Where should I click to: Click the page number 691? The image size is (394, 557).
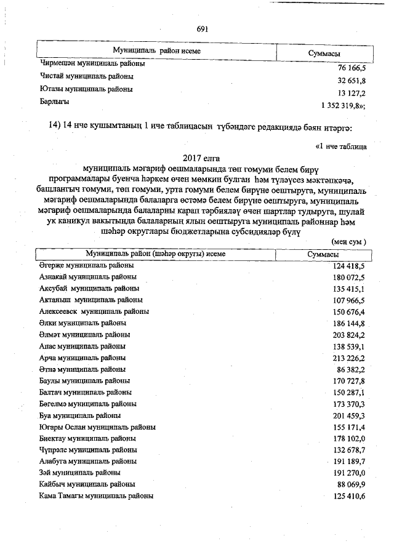pos(203,29)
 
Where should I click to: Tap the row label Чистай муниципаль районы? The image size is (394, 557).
pos(87,77)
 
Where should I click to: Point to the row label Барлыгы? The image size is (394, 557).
pos(55,100)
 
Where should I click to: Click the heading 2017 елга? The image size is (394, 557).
pos(203,159)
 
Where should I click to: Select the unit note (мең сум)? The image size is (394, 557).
pos(349,242)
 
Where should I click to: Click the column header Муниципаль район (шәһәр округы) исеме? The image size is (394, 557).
pos(155,254)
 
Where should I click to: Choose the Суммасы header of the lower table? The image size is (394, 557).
pos(323,254)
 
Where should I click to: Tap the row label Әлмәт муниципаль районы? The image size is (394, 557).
pos(84,335)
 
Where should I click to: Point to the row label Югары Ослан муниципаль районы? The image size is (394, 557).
pos(97,427)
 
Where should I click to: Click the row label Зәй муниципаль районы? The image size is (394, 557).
pos(79,473)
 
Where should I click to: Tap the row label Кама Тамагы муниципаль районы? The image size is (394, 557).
pos(96,495)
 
